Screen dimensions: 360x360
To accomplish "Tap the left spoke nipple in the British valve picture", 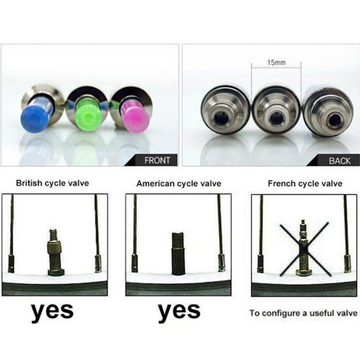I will tap(10, 263).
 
